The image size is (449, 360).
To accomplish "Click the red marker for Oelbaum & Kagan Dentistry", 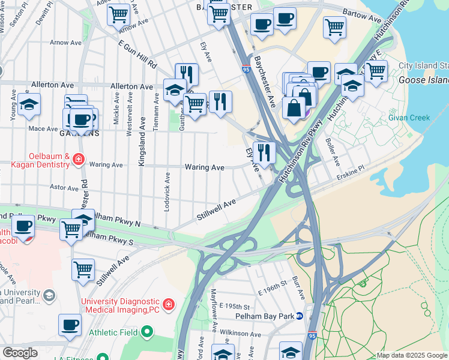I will click(x=78, y=159).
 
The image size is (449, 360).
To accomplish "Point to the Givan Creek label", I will click(x=409, y=118).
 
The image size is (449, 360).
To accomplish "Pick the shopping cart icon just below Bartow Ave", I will click(x=334, y=26).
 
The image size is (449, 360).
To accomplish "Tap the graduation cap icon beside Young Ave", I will click(x=29, y=104).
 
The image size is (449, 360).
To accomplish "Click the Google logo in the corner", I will click(x=20, y=352).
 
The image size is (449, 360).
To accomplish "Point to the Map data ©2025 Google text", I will click(x=411, y=355).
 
